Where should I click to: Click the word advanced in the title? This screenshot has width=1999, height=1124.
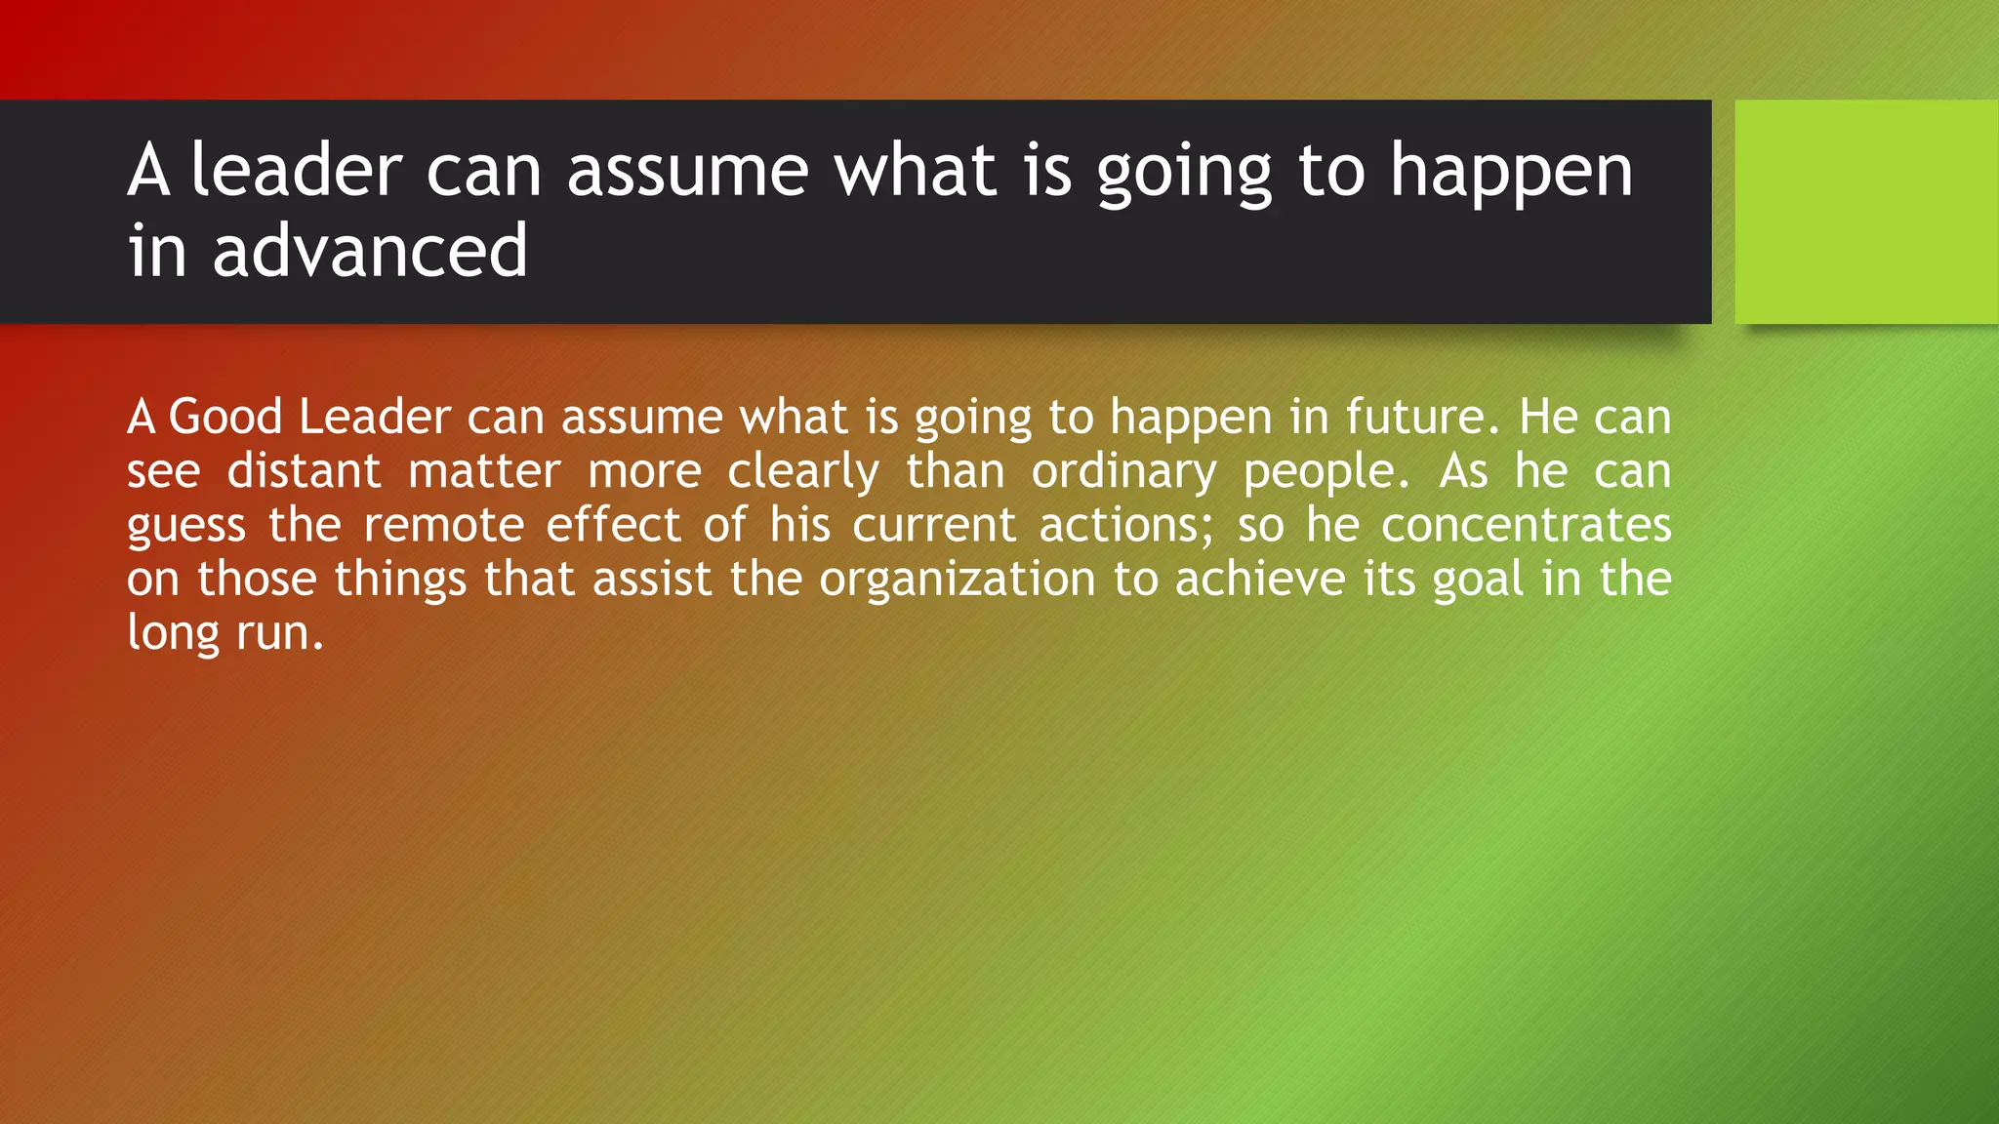tap(370, 251)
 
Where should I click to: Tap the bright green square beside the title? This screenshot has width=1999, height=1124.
tap(1866, 212)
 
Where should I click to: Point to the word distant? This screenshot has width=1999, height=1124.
tap(304, 471)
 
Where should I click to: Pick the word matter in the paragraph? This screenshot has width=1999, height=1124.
tap(484, 471)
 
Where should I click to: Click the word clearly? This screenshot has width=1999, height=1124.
tap(803, 473)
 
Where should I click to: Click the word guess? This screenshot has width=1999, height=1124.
tap(185, 527)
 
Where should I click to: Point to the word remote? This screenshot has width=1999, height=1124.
tap(444, 525)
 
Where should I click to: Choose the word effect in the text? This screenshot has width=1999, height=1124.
tap(613, 525)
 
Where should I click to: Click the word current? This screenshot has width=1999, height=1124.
tap(934, 525)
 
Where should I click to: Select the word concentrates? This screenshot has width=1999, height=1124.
tap(1526, 525)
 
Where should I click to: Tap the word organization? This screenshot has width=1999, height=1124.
tap(957, 581)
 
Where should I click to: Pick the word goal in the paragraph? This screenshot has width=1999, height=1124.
tap(1478, 581)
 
